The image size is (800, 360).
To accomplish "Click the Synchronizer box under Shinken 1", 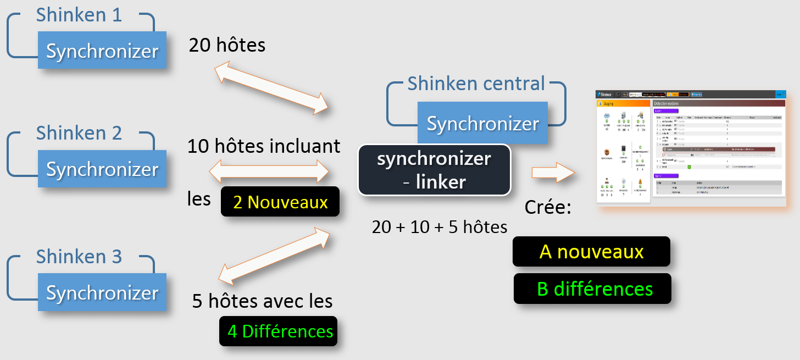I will (102, 51).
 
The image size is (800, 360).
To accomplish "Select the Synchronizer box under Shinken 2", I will (102, 169).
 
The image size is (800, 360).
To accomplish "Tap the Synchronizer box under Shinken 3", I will (102, 292).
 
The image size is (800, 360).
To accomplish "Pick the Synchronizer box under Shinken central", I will (482, 123).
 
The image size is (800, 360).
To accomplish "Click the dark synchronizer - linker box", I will (434, 170).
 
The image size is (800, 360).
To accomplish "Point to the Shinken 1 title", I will (79, 15).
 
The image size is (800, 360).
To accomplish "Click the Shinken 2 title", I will (79, 133).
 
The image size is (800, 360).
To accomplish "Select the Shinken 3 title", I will (79, 257).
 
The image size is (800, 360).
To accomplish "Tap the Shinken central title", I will (476, 84).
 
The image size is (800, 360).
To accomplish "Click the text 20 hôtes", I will (227, 45).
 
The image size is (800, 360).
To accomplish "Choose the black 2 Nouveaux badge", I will (280, 202).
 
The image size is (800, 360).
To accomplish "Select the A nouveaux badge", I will (591, 252).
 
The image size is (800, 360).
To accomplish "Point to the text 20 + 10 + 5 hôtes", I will (440, 226).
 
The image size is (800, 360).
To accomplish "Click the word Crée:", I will (548, 207).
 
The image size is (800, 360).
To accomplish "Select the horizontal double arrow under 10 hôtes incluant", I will (269, 171).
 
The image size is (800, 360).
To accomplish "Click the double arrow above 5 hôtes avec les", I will (274, 254).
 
